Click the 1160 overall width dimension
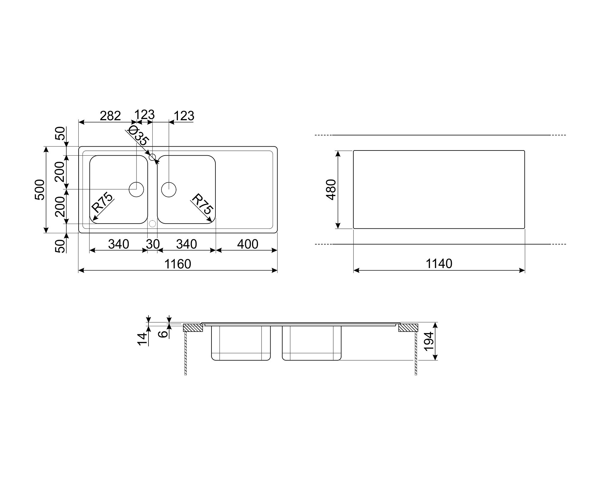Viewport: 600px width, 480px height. click(178, 264)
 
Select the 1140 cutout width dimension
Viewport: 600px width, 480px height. click(439, 264)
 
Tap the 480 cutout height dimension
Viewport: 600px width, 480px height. click(331, 189)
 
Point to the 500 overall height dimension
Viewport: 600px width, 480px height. click(40, 189)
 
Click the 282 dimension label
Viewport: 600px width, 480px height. click(110, 116)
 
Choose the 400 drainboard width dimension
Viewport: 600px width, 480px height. click(247, 244)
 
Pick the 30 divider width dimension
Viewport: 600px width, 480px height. click(153, 244)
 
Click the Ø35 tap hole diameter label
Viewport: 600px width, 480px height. click(138, 136)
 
